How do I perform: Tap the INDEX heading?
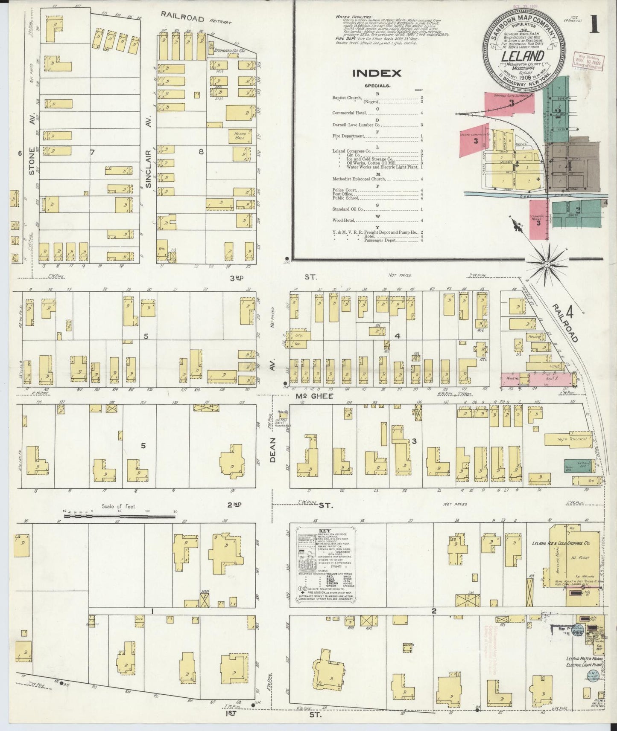(377, 73)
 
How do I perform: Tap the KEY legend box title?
(325, 531)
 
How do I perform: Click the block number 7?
(92, 152)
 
